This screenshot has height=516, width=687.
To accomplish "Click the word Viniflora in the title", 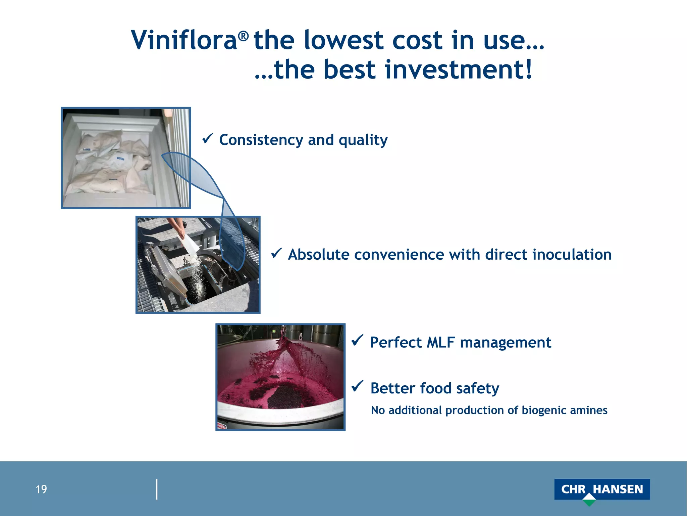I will (184, 40).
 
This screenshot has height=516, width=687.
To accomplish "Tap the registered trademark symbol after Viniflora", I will (244, 36).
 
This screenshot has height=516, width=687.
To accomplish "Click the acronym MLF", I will (440, 343).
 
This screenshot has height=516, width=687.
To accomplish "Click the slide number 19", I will (41, 489).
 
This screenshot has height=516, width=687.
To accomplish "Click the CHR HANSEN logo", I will (602, 489).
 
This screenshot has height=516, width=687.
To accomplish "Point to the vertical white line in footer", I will (157, 489).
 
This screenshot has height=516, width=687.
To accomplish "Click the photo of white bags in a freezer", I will (126, 158).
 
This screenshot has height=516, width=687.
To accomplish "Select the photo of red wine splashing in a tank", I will (280, 377).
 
